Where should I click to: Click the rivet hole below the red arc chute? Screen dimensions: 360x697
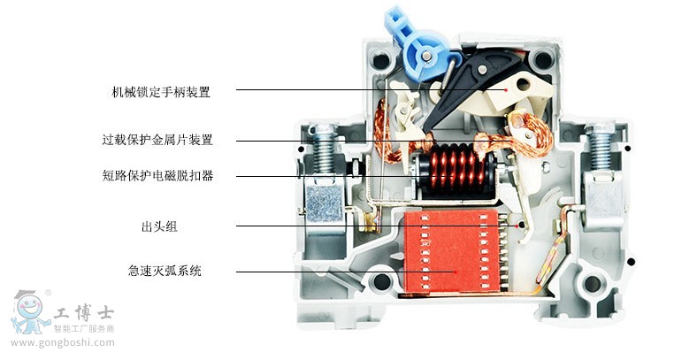382,282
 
